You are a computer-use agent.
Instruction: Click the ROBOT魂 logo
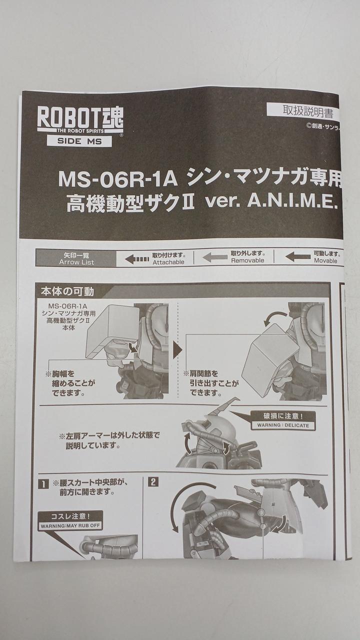[80, 119]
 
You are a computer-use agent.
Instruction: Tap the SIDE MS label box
[79, 141]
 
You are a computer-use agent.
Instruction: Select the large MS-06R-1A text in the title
[118, 179]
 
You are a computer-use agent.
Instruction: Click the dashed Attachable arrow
[137, 259]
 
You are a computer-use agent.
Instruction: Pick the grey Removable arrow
[215, 257]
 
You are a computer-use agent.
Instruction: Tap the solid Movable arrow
[297, 256]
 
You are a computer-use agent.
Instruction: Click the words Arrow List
[76, 262]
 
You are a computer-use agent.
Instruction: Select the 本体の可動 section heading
[67, 291]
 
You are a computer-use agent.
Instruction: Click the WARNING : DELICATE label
[283, 425]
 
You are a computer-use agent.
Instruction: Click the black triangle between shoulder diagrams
[177, 350]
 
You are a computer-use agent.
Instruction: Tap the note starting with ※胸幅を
[70, 383]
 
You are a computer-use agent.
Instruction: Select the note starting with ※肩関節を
[211, 383]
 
